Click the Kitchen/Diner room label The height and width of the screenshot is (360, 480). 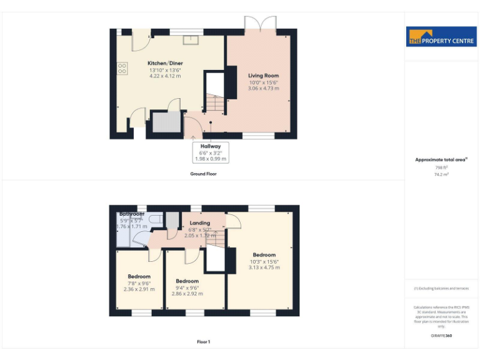165,63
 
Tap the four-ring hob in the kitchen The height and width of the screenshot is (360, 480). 122,67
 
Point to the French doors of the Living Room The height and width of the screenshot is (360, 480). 259,25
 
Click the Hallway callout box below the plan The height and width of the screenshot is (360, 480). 210,152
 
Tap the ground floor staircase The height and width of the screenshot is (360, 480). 215,103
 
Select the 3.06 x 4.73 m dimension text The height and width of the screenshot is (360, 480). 263,89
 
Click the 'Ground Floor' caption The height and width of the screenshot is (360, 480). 203,174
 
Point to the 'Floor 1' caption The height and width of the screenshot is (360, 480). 203,342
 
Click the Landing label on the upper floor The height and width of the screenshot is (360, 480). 199,223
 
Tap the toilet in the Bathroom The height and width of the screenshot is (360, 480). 171,221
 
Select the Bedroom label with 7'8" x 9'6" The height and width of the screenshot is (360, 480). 139,276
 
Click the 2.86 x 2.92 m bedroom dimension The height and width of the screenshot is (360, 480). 187,293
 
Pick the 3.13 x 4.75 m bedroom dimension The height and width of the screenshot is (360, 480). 264,267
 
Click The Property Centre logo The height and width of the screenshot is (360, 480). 441,37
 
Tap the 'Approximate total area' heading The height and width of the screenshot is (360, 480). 441,160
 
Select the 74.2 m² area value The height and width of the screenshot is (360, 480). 441,174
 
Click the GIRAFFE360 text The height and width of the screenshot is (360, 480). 441,336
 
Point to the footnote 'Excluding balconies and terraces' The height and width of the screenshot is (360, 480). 441,288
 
